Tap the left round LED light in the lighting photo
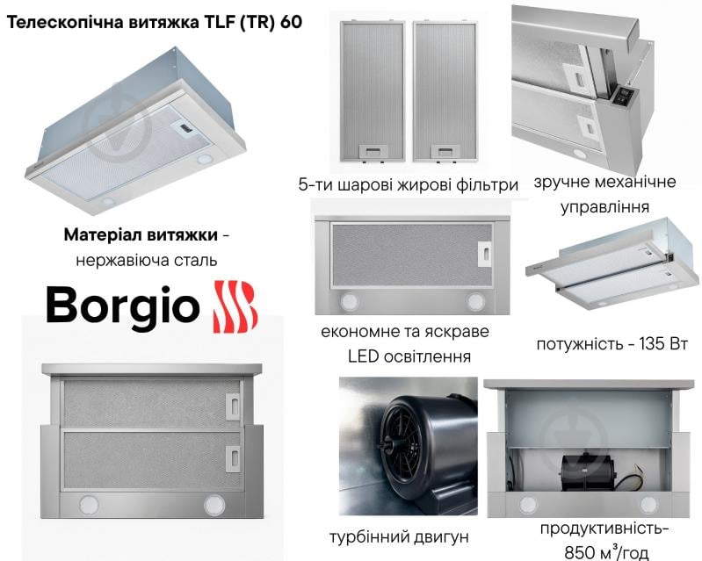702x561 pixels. pyautogui.click(x=351, y=301)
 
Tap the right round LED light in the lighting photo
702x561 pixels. pyautogui.click(x=475, y=301)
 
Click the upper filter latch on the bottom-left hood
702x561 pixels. pyautogui.click(x=233, y=405)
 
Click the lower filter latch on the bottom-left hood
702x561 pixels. pyautogui.click(x=233, y=457)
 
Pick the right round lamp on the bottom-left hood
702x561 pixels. pyautogui.click(x=213, y=505)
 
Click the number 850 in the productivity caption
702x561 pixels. pyautogui.click(x=581, y=551)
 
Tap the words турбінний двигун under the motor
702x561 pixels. pyautogui.click(x=399, y=536)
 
